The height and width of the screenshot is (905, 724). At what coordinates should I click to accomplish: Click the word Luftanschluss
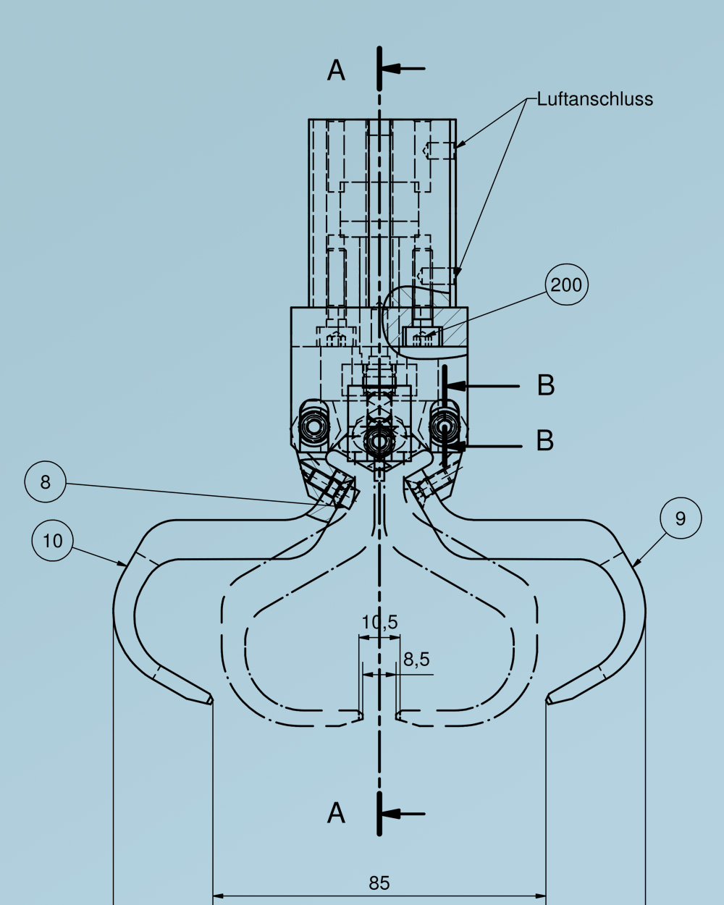(x=595, y=99)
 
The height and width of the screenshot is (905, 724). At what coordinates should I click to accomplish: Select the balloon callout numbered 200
(x=566, y=285)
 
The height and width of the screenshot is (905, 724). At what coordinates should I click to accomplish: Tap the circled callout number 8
(x=46, y=482)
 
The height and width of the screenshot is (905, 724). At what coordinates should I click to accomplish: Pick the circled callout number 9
(x=681, y=518)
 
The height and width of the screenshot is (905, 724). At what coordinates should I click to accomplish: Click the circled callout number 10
(x=53, y=541)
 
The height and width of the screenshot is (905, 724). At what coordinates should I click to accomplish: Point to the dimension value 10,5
(x=379, y=623)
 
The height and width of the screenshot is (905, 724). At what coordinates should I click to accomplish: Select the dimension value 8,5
(x=416, y=660)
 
